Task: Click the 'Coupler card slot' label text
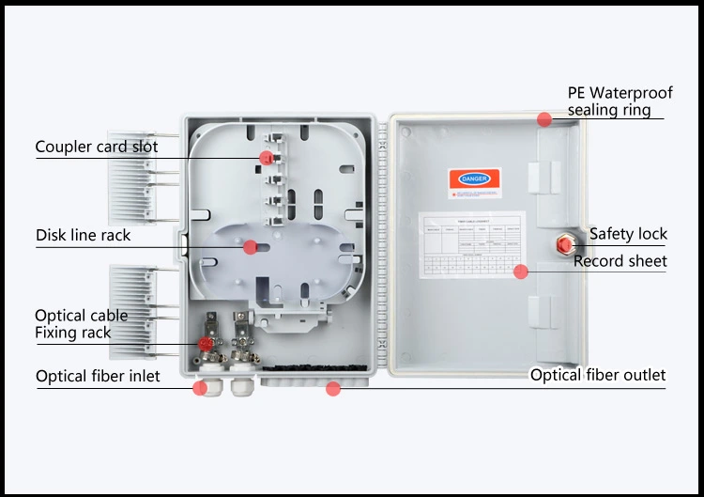coord(97,147)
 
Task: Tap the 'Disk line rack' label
coord(83,235)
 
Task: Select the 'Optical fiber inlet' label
coord(98,377)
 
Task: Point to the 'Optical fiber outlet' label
coord(598,375)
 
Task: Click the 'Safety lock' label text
coord(628,234)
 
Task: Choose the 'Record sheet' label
coord(620,261)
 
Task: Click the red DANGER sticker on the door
coord(474,179)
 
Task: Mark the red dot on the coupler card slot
coord(267,158)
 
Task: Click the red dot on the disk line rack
coord(250,247)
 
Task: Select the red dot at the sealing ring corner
coord(544,118)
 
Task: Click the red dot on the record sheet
coord(520,272)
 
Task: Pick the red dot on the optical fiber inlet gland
coord(199,387)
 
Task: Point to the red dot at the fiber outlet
coord(332,388)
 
